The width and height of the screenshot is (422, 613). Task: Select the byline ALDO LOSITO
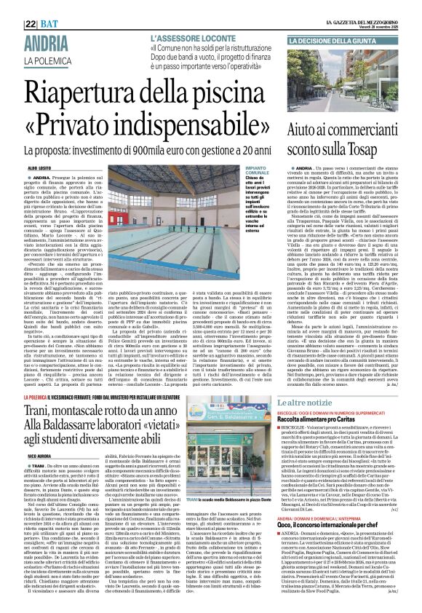coord(39,167)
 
